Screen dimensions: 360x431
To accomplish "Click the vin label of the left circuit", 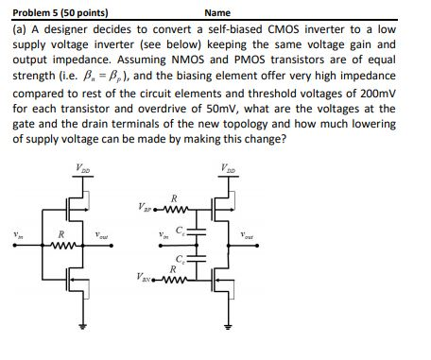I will point(14,235).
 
